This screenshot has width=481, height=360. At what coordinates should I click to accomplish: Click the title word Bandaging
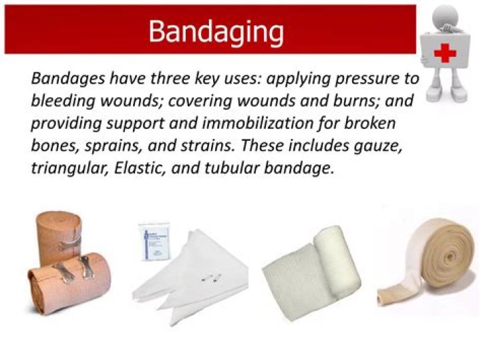point(215,31)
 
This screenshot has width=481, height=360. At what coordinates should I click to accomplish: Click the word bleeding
point(61,101)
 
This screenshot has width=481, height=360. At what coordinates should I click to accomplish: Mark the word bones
point(55,146)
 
